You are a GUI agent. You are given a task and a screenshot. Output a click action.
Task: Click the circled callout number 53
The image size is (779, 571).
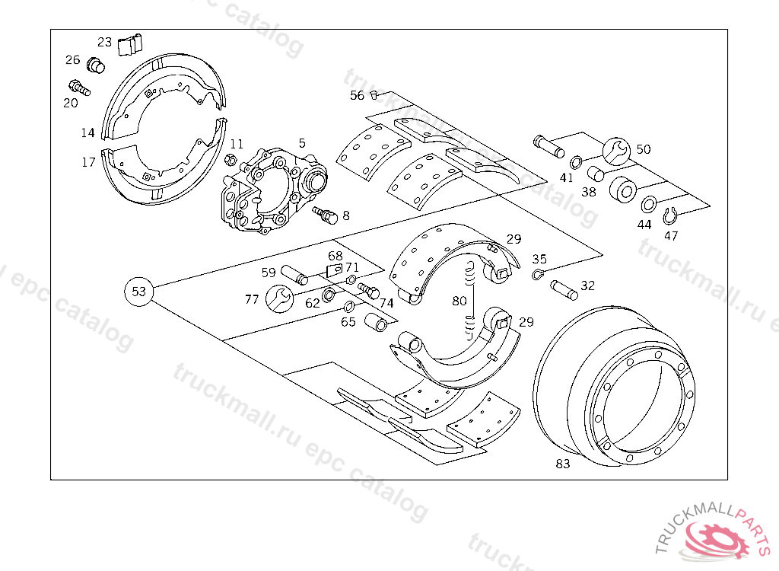138,292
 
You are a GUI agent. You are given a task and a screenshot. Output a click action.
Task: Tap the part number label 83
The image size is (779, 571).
563,464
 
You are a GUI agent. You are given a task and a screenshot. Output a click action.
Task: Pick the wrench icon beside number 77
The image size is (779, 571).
279,298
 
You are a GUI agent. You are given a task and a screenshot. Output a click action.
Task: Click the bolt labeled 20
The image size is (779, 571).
79,88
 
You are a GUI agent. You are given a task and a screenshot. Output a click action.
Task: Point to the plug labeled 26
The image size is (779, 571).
96,65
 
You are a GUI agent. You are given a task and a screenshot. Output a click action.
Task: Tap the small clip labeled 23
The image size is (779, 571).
130,44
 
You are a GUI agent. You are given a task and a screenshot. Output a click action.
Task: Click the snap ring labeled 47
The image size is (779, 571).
670,217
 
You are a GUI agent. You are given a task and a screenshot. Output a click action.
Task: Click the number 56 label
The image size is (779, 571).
357,95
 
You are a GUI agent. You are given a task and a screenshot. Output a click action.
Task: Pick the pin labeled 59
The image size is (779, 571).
294,274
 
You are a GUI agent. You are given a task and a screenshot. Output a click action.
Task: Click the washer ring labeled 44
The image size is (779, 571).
649,205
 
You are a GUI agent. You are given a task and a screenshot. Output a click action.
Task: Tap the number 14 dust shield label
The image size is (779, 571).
88,132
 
